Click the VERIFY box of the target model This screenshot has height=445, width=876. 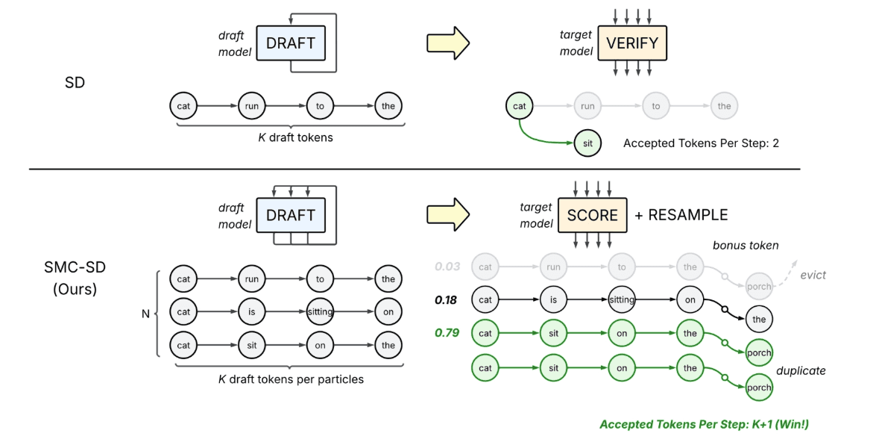click(x=632, y=43)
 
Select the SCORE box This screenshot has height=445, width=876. click(x=593, y=215)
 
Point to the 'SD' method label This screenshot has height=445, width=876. click(x=75, y=82)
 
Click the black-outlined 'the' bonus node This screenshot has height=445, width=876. click(x=760, y=319)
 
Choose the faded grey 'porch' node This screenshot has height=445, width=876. click(x=760, y=285)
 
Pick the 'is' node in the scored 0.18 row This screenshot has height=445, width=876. click(x=554, y=300)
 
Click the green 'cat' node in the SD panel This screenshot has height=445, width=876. click(x=520, y=106)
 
